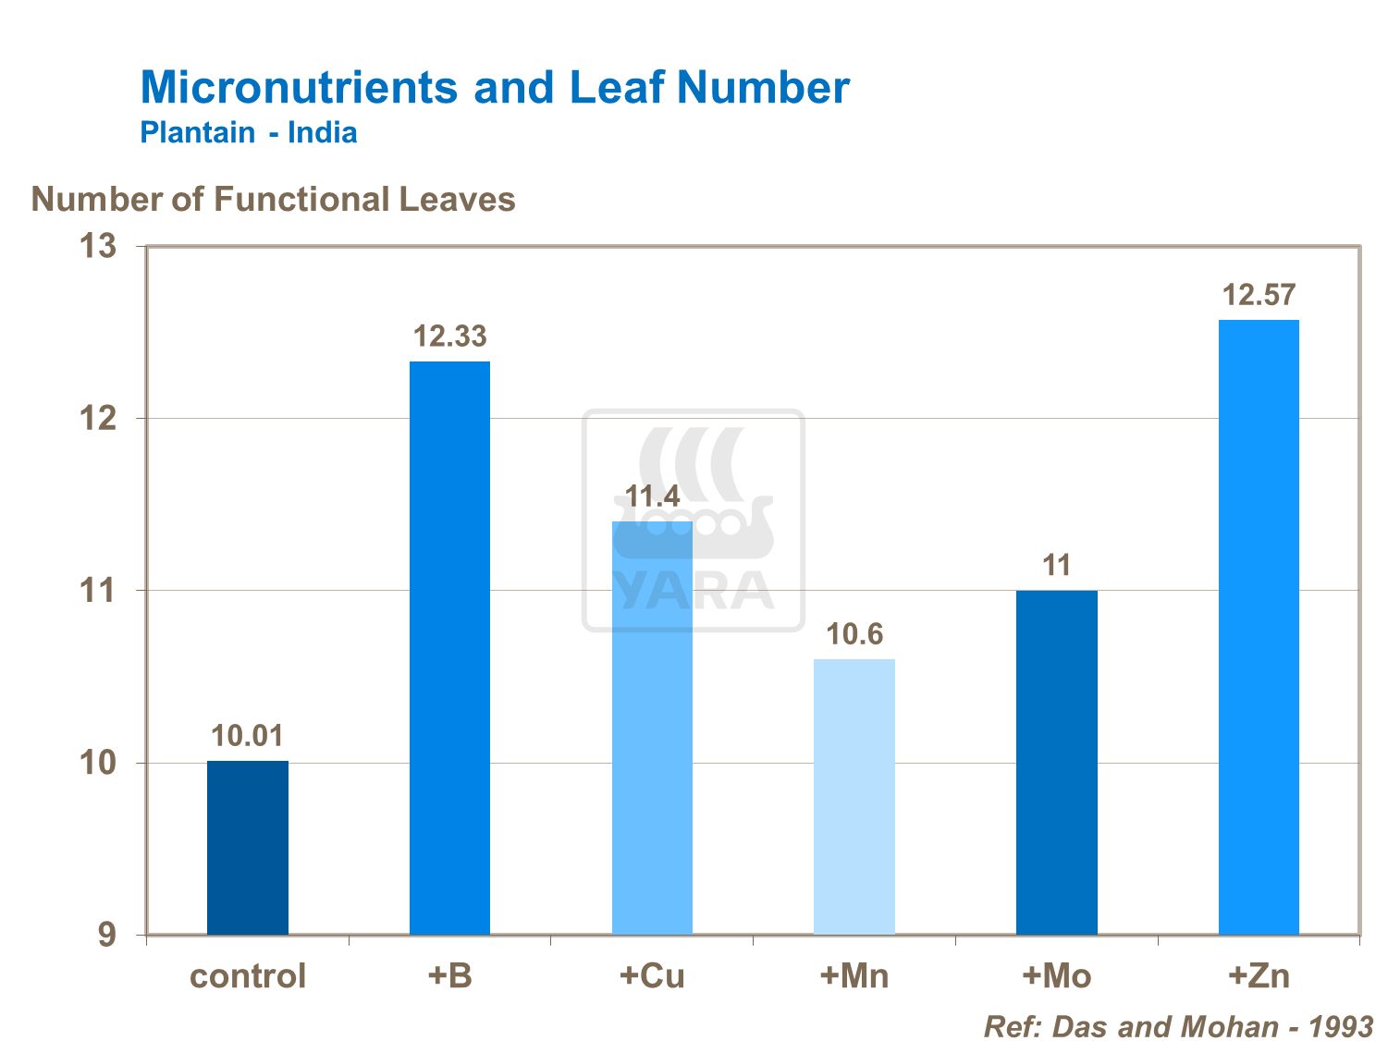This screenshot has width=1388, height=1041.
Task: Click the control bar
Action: (247, 847)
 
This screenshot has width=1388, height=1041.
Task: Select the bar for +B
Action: (449, 647)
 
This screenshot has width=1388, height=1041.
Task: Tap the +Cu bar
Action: (652, 728)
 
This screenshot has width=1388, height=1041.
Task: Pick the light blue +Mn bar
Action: (854, 796)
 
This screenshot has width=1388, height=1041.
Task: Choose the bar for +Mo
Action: (1056, 762)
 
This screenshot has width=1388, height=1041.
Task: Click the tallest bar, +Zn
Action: (1259, 627)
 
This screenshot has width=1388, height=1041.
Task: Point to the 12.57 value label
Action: (1259, 295)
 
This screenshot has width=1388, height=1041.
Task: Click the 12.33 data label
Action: (449, 337)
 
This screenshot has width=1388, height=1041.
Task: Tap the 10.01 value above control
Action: (247, 736)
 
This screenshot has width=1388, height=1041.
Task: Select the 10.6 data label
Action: (854, 634)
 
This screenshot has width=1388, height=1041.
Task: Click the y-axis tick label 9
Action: (107, 936)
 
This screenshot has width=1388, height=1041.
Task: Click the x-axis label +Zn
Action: (1259, 976)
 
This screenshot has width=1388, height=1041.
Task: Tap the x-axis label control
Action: (248, 976)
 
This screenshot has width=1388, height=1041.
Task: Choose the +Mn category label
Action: (854, 976)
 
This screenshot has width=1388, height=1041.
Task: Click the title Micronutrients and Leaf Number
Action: (495, 87)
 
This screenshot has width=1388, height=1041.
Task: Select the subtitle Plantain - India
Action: (249, 132)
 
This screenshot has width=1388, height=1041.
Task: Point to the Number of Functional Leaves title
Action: (274, 200)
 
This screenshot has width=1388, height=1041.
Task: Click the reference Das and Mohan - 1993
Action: (1178, 1026)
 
